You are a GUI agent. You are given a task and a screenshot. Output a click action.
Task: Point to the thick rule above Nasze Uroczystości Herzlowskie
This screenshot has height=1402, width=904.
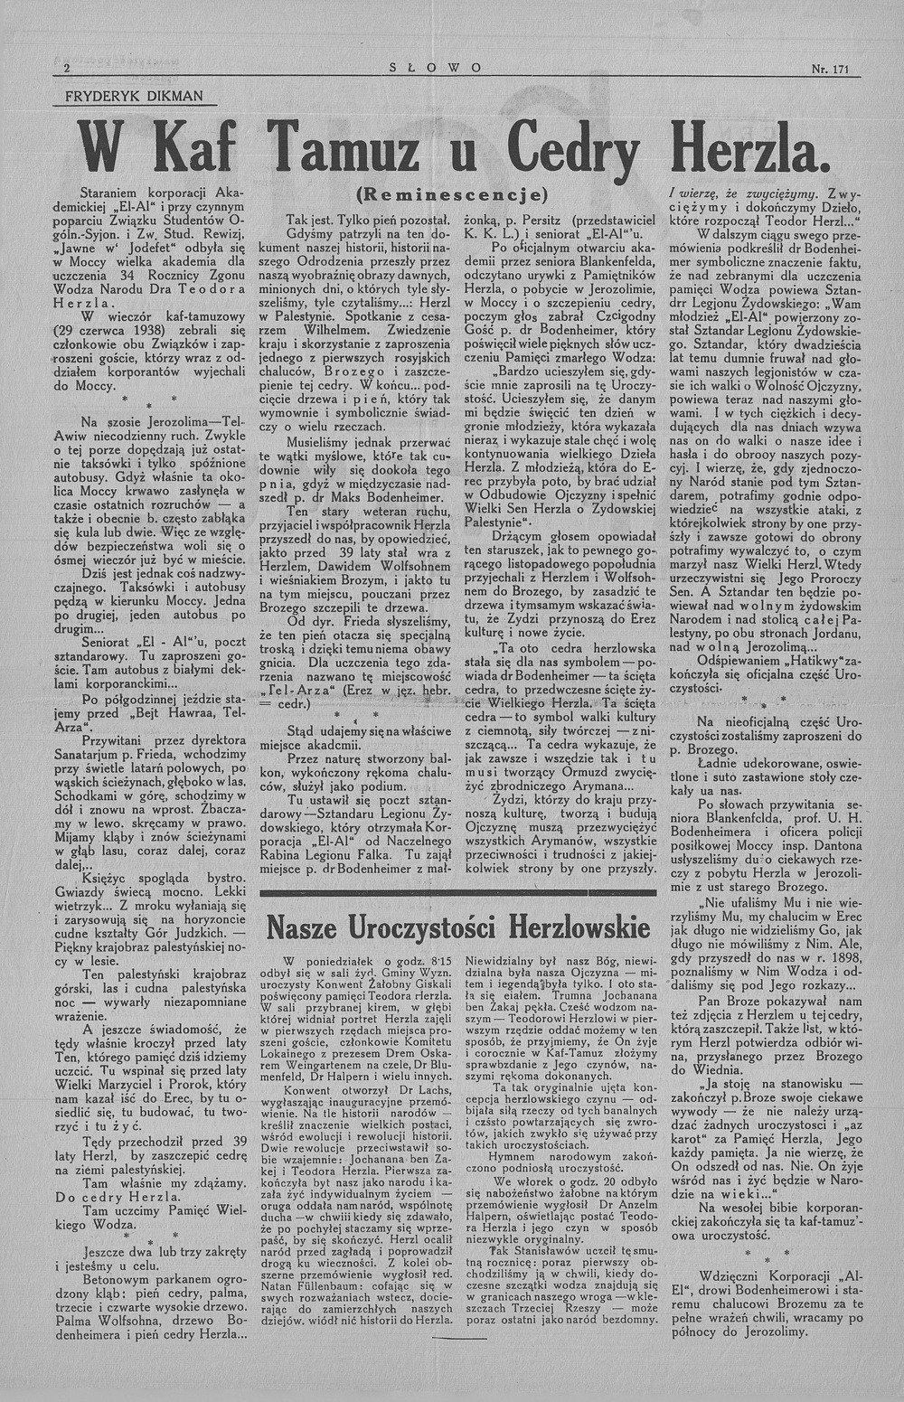tap(458, 893)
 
